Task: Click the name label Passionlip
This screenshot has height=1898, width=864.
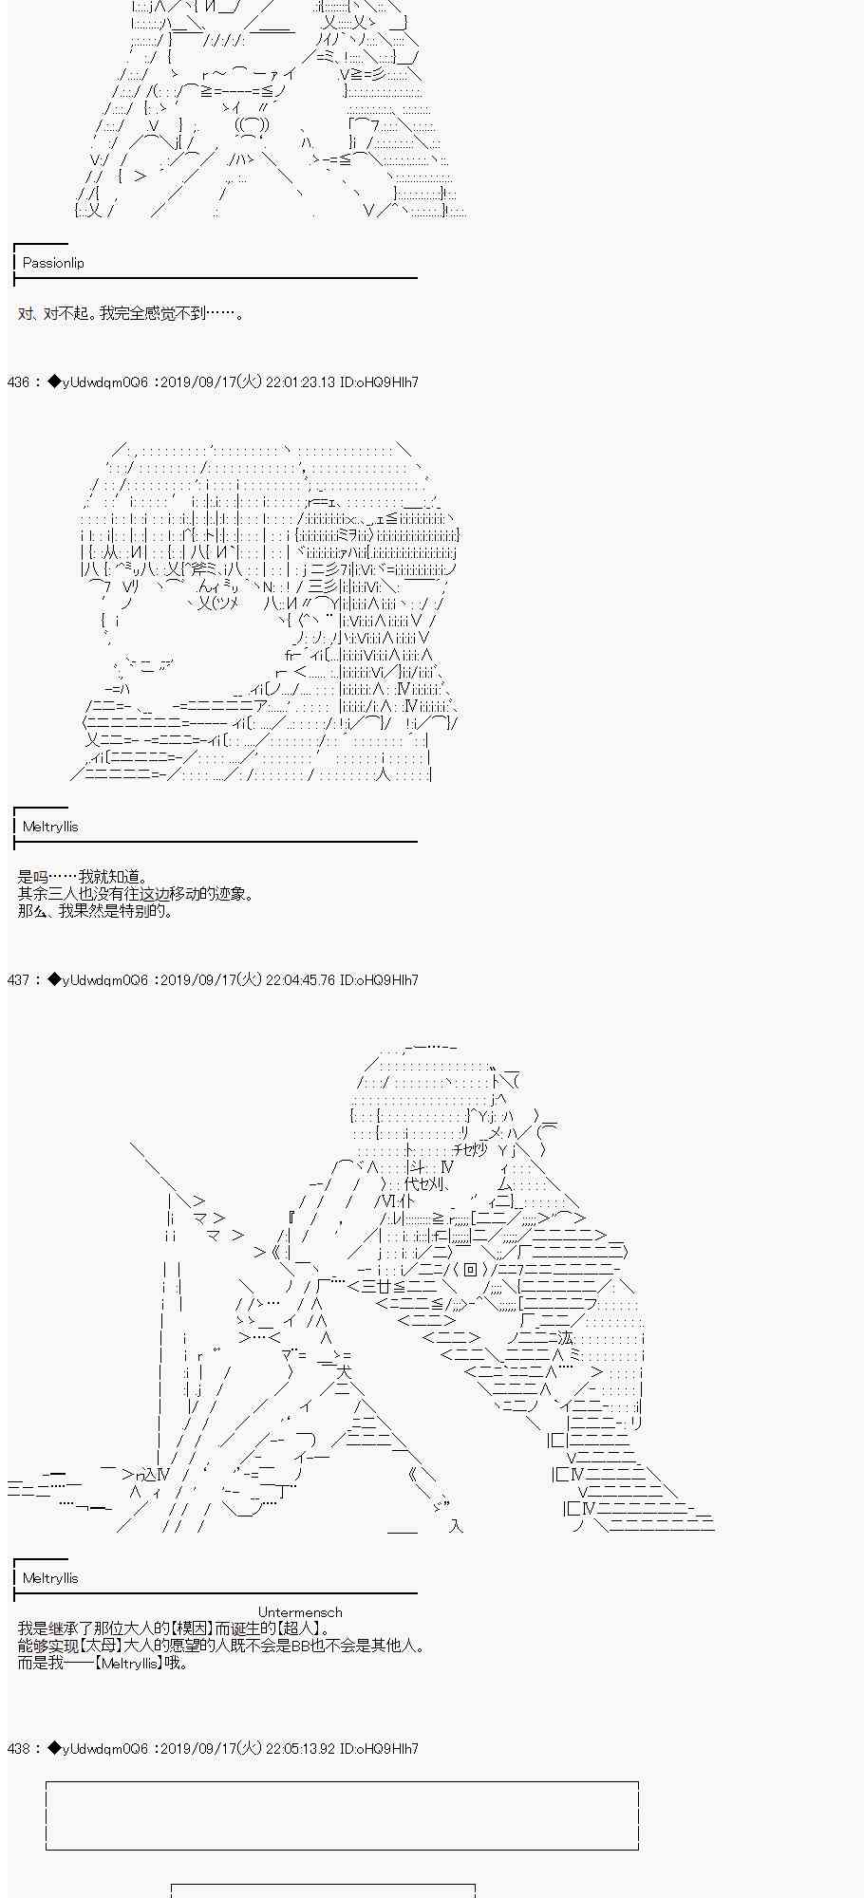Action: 53,263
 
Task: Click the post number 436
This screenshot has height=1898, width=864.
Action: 18,381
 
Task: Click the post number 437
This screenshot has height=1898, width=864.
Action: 18,979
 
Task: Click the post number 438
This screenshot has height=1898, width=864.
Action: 18,1748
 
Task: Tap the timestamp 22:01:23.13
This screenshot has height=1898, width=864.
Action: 300,381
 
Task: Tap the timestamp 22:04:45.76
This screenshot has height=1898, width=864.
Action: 300,979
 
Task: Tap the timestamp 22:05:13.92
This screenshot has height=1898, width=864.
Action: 300,1748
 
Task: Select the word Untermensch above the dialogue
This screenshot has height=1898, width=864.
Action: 300,1612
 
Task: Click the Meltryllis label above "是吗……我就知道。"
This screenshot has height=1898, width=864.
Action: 50,827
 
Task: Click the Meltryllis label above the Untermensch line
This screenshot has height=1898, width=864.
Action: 50,1578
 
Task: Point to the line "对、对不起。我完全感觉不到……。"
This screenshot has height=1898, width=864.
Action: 131,313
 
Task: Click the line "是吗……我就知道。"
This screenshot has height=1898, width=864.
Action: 84,877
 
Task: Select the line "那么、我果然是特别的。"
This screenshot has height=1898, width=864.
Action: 96,911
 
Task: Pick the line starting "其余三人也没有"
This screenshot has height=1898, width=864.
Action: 136,894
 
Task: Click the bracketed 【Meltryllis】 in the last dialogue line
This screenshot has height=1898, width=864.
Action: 129,1664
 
